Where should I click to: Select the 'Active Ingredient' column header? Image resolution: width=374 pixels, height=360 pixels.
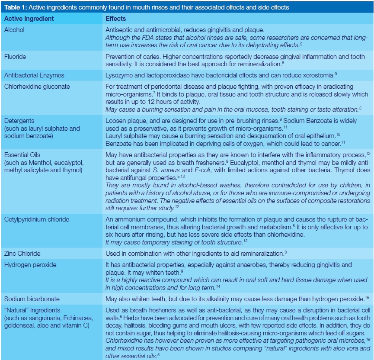point(29,19)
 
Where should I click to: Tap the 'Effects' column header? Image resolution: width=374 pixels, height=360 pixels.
point(116,19)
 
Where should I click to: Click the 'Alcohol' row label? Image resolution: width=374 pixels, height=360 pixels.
point(14,30)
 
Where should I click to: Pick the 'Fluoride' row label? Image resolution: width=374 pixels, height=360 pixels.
point(15,56)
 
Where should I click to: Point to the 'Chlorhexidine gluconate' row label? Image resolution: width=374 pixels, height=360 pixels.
point(37,86)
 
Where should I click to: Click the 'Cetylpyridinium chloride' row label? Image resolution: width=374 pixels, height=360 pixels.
point(36,219)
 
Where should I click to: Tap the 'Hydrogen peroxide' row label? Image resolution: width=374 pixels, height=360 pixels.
point(30,264)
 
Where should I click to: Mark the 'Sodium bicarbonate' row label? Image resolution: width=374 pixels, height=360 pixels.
point(32,299)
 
